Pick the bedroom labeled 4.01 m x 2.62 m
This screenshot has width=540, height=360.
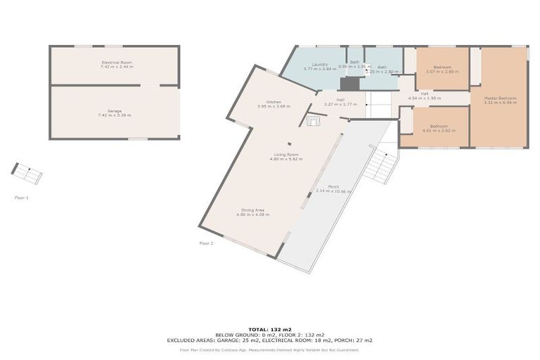tap(439, 128)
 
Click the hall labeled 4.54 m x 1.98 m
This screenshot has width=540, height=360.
tap(424, 96)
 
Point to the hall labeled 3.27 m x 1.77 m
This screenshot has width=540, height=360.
tap(340, 102)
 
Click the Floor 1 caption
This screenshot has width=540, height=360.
tap(22, 198)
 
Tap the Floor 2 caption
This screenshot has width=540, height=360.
tap(206, 243)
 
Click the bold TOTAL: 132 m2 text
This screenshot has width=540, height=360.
tap(269, 328)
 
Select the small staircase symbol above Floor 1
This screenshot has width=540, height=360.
tap(27, 173)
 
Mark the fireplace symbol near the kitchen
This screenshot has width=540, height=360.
tap(314, 121)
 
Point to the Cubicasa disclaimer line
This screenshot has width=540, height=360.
tap(269, 349)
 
